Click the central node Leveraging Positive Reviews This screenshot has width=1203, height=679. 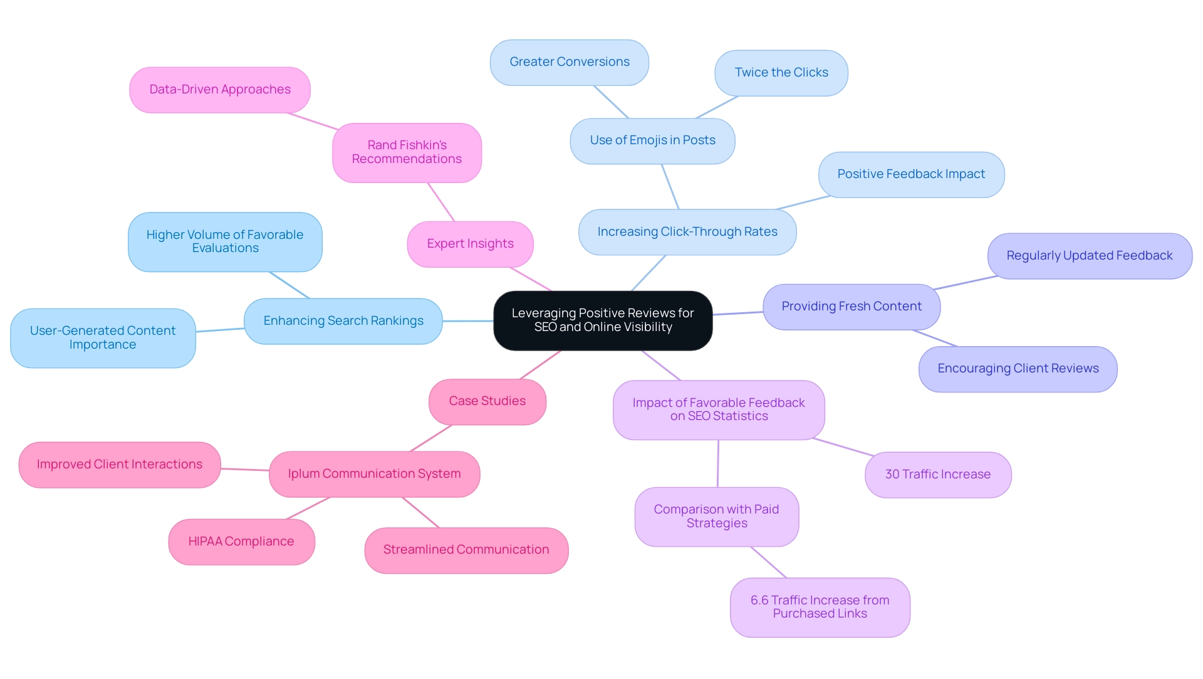point(603,320)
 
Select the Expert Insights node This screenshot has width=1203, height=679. point(470,244)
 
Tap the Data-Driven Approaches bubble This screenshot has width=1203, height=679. point(220,90)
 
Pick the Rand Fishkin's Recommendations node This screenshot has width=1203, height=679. point(407,152)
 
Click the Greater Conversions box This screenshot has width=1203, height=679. point(569,62)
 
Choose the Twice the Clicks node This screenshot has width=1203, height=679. point(781,73)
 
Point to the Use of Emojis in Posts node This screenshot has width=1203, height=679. point(652,140)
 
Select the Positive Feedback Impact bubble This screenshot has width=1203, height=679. point(911,174)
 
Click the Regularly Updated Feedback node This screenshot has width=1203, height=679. point(1089,256)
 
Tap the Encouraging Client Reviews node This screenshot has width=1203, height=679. point(1018,369)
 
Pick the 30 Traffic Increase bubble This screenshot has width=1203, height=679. point(937,475)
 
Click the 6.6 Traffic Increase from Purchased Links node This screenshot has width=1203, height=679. point(820,607)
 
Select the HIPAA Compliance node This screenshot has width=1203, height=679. point(241,542)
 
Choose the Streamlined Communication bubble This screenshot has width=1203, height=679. point(466,550)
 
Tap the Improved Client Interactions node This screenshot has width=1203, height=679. point(120,465)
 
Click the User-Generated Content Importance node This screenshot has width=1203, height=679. point(103,338)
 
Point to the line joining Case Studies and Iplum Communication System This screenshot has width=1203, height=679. point(430,438)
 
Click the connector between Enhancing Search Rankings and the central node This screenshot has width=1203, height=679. point(468,321)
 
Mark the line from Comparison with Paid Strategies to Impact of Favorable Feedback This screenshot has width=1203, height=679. point(718,463)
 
